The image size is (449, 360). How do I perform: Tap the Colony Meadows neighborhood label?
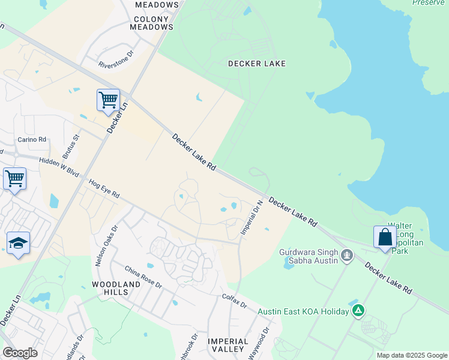tap(153, 23)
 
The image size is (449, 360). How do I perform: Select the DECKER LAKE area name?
tap(257, 64)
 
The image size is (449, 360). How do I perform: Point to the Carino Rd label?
tap(32, 139)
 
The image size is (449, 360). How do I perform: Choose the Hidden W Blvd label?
tap(59, 167)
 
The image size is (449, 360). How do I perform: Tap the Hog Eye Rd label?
tap(104, 188)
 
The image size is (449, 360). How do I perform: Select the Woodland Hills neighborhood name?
tap(110, 287)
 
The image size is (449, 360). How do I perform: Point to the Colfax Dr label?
tap(235, 300)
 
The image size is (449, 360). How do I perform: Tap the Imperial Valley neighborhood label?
tap(228, 344)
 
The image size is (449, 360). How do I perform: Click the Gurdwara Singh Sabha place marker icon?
tap(346, 256)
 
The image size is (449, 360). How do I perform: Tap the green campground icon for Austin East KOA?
tap(358, 310)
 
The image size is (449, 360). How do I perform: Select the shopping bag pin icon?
tap(385, 237)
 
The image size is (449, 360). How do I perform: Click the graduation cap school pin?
tap(19, 243)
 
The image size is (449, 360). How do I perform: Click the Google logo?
tap(20, 352)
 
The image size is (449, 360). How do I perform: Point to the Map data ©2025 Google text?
tap(412, 355)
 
